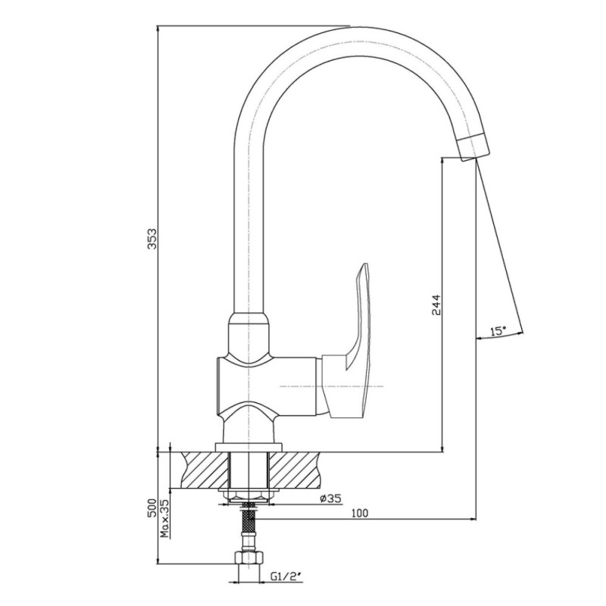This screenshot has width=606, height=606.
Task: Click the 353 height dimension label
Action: tap(152, 239)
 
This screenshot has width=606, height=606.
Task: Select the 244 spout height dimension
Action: tap(436, 305)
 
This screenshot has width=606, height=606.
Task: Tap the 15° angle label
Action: tap(498, 331)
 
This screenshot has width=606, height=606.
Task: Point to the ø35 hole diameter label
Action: tap(331, 498)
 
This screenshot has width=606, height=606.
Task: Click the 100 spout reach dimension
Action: tap(360, 514)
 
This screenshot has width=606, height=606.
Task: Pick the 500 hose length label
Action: tap(152, 508)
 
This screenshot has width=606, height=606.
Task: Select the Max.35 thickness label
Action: tap(165, 519)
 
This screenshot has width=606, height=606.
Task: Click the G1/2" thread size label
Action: tap(286, 577)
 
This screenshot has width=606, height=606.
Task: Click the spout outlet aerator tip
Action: tap(473, 146)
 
